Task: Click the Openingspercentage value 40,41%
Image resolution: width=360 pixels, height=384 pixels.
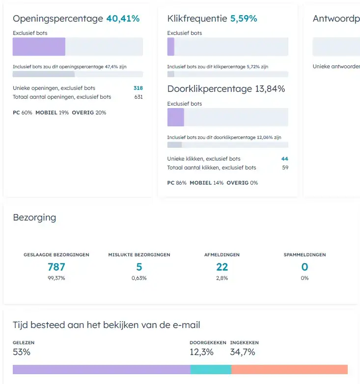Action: (123, 19)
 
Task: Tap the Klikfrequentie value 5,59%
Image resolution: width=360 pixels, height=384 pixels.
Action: (244, 19)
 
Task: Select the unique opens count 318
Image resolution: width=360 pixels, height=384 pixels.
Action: (138, 88)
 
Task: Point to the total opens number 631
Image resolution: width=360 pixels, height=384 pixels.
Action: (138, 97)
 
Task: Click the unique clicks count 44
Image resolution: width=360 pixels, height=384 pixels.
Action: (285, 159)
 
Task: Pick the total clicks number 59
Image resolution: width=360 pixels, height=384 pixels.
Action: (285, 168)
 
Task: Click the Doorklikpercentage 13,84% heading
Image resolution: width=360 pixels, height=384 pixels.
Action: (226, 89)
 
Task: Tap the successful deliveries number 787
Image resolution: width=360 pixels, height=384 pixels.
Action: (56, 267)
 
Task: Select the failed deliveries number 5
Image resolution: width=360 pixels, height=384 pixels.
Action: (139, 267)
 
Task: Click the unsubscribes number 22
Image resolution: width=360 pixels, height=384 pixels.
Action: (222, 267)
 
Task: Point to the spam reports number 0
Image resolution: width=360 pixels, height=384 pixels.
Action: (305, 267)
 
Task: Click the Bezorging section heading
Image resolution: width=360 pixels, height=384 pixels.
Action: (34, 218)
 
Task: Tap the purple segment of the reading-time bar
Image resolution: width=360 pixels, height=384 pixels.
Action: (101, 370)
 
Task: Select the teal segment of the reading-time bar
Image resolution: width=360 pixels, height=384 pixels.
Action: (210, 370)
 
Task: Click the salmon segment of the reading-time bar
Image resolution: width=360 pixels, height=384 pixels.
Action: (289, 370)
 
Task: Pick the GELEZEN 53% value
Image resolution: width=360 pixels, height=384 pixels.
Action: (22, 352)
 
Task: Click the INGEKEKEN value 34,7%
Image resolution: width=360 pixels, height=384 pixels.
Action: (243, 352)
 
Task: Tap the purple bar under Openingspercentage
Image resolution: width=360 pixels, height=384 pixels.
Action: (39, 47)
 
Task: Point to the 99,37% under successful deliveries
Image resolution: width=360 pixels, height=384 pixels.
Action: (56, 278)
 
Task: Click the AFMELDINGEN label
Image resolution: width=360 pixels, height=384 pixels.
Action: (222, 255)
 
